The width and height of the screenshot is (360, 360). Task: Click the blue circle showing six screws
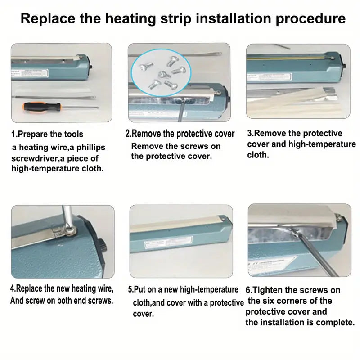tap(161, 72)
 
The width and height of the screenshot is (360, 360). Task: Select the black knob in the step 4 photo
tap(102, 246)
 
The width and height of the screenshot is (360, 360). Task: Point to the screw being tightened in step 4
tap(71, 230)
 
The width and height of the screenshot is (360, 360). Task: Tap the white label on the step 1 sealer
tap(30, 73)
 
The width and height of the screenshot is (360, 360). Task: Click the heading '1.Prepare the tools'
tap(47, 134)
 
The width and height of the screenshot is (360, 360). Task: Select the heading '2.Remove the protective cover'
tap(180, 134)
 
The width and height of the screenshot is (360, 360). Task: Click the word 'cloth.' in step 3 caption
tap(258, 155)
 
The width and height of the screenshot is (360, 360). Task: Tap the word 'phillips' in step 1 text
tap(91, 148)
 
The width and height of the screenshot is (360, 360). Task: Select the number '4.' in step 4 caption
tap(13, 288)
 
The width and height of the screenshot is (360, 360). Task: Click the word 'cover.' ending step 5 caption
tap(143, 314)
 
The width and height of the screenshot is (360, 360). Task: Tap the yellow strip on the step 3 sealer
tap(285, 58)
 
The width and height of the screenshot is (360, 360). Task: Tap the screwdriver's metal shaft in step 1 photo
tap(80, 107)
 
